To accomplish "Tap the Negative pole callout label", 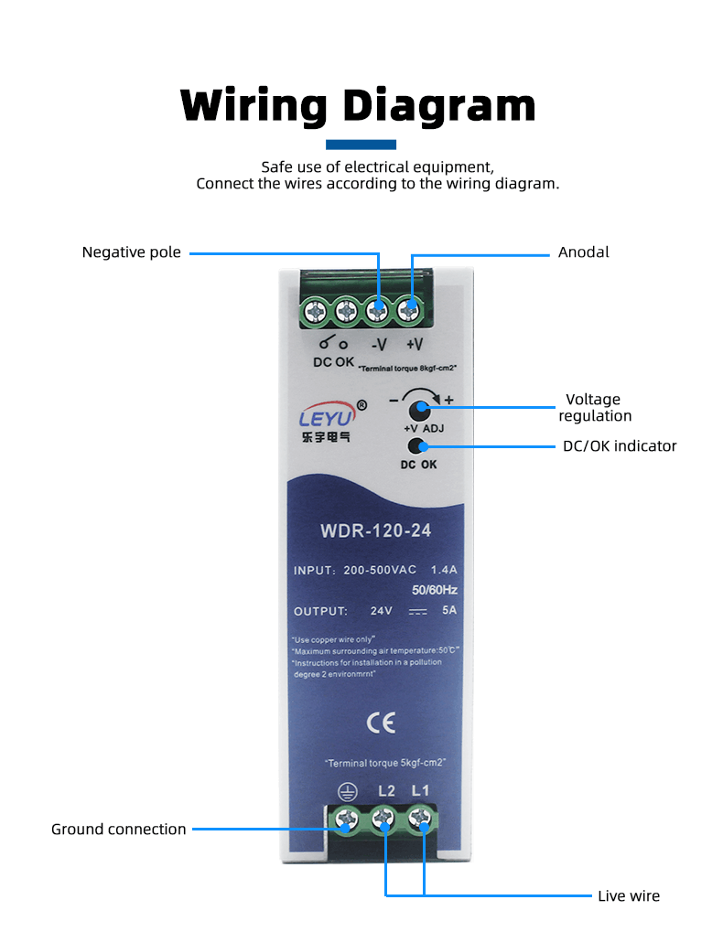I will pyautogui.click(x=132, y=252).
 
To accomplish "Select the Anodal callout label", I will pyautogui.click(x=583, y=252).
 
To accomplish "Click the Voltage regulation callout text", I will pyautogui.click(x=597, y=408).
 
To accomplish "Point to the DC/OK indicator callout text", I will pyautogui.click(x=619, y=446).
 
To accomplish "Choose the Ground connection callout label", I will pyautogui.click(x=118, y=830).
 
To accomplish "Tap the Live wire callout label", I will pyautogui.click(x=628, y=896).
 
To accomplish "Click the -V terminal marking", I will pyautogui.click(x=378, y=345).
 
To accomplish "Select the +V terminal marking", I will pyautogui.click(x=414, y=345).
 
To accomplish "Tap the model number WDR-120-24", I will pyautogui.click(x=376, y=530).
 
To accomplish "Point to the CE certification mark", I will pyautogui.click(x=381, y=723).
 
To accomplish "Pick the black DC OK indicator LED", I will pyautogui.click(x=417, y=446).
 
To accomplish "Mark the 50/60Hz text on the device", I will pyautogui.click(x=435, y=590).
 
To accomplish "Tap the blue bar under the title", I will pyautogui.click(x=361, y=145).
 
